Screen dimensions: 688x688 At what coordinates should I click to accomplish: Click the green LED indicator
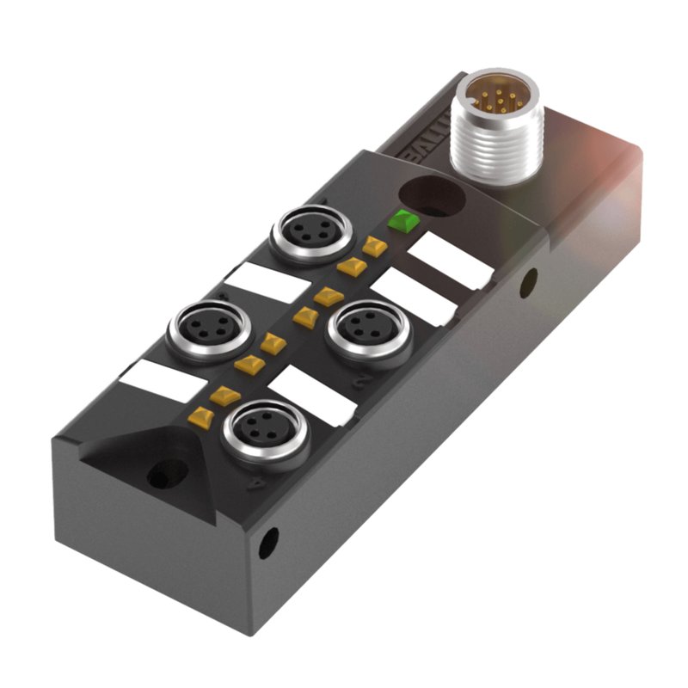coord(402,220)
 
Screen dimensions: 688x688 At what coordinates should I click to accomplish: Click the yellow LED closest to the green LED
coord(373,247)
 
